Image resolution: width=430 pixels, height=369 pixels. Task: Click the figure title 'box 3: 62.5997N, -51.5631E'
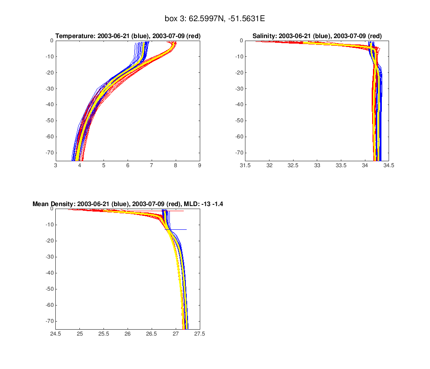(x=215, y=19)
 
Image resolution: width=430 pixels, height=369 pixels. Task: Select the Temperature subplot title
(x=128, y=36)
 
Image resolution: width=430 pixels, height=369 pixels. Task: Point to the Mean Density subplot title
(x=128, y=204)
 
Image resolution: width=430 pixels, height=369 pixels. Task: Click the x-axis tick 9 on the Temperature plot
(x=200, y=166)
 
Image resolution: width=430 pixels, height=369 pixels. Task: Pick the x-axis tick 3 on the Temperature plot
(x=56, y=166)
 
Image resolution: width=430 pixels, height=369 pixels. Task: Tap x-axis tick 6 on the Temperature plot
(x=128, y=166)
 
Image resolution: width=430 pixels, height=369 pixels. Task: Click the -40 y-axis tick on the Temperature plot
(x=49, y=105)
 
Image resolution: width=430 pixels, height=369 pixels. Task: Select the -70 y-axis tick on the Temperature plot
(x=49, y=153)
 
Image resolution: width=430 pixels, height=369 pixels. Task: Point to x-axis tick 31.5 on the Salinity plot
(x=245, y=166)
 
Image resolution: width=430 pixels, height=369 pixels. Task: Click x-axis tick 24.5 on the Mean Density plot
(x=56, y=334)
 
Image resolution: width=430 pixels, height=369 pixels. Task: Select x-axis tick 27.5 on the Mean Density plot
(x=200, y=334)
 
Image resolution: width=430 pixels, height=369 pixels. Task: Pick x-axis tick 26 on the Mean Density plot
(x=128, y=334)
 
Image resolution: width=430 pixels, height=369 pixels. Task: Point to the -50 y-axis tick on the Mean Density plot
(x=49, y=289)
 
